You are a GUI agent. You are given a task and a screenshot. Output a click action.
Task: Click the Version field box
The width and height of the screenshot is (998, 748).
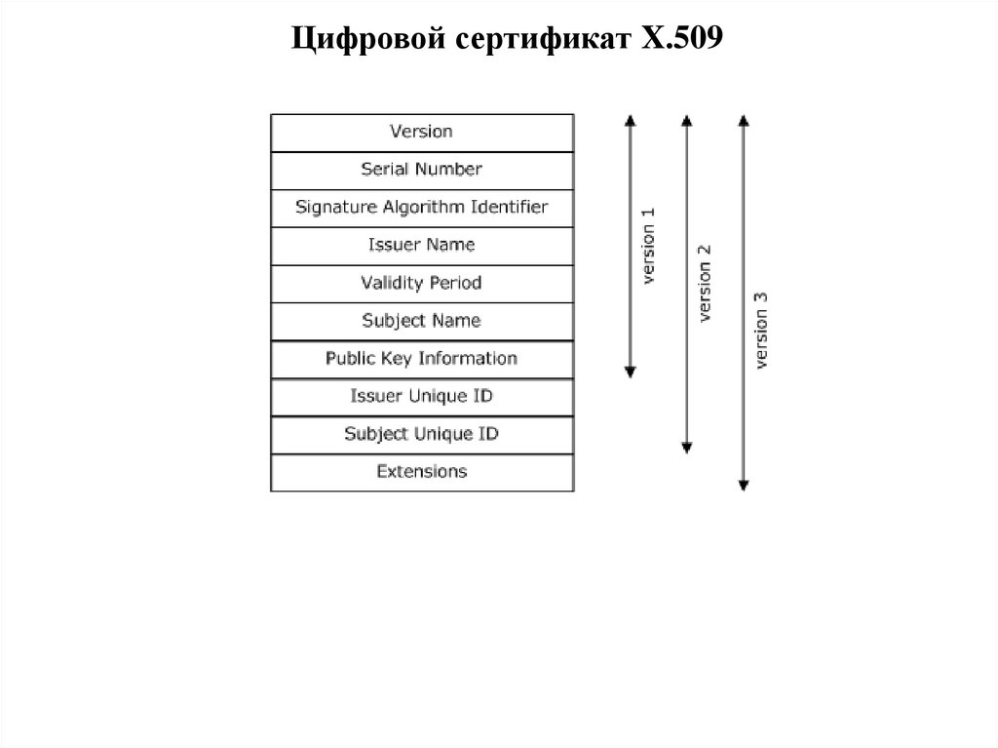[x=421, y=132]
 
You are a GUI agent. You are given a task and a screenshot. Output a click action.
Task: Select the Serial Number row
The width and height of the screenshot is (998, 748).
[x=421, y=170]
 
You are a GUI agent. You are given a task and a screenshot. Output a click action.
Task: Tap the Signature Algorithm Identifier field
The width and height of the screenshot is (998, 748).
[x=421, y=208]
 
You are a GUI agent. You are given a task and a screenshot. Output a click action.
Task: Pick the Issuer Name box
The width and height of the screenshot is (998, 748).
[x=421, y=246]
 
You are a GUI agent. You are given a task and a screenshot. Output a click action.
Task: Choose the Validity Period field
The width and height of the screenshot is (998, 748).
[x=421, y=284]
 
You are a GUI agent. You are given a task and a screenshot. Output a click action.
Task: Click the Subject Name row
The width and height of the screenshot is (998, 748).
[x=421, y=321]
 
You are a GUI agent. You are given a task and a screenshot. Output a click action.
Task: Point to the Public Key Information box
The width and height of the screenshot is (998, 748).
[x=421, y=359]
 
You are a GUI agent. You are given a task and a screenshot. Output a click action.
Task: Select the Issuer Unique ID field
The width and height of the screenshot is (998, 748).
[x=421, y=397]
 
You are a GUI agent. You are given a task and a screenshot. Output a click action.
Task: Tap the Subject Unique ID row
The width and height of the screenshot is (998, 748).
[x=421, y=435]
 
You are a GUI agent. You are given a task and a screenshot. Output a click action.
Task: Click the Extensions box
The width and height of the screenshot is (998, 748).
[x=421, y=472]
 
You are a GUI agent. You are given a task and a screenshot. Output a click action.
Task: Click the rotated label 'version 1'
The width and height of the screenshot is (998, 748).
[x=649, y=246]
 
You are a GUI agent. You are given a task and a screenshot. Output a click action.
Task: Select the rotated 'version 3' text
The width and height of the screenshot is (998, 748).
[x=762, y=329]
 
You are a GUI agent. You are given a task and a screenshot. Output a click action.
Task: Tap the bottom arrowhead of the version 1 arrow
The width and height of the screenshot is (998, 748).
[x=631, y=372]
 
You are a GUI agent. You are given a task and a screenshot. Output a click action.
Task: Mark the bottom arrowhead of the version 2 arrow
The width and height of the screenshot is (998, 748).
[x=687, y=448]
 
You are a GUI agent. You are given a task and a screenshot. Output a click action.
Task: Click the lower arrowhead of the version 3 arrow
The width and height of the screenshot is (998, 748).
[x=744, y=485]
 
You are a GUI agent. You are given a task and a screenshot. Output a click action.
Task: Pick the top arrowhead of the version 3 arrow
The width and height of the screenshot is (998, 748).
[x=744, y=120]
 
